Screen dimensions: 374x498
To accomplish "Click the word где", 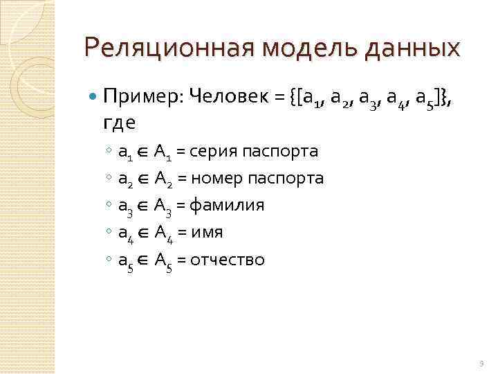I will click(120, 123).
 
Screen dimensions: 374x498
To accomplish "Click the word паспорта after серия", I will click(284, 152).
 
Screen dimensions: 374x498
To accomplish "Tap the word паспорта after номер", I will click(290, 178).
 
